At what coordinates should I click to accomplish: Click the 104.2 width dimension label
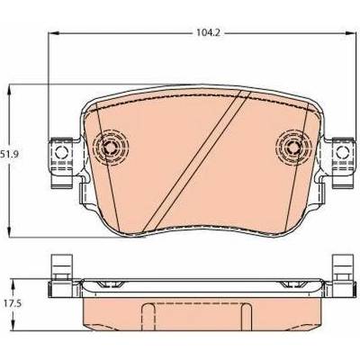tap(208, 33)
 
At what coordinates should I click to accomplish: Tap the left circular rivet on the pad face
tap(111, 147)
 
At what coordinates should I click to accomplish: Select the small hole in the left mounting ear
tap(62, 153)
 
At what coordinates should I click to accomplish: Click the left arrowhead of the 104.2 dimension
tap(52, 33)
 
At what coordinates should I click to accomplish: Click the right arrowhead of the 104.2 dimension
tap(350, 33)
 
